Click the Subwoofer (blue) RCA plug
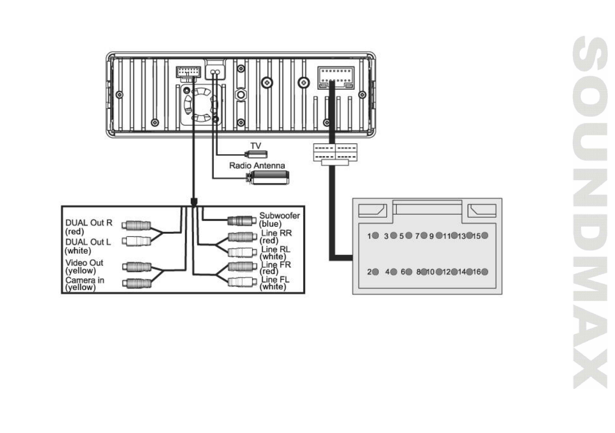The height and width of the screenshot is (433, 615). coord(239,221)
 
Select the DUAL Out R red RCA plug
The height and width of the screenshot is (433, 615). coord(136,225)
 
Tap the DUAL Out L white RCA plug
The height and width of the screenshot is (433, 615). coord(136,240)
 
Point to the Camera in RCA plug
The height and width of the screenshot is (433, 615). coord(136,282)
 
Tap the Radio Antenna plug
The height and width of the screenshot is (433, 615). coord(268,178)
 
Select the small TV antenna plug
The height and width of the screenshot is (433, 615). coord(256,154)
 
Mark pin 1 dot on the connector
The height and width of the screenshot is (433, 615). coord(376,236)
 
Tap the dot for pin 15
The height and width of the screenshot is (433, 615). coord(485,236)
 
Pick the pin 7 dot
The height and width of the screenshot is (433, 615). coord(423,236)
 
